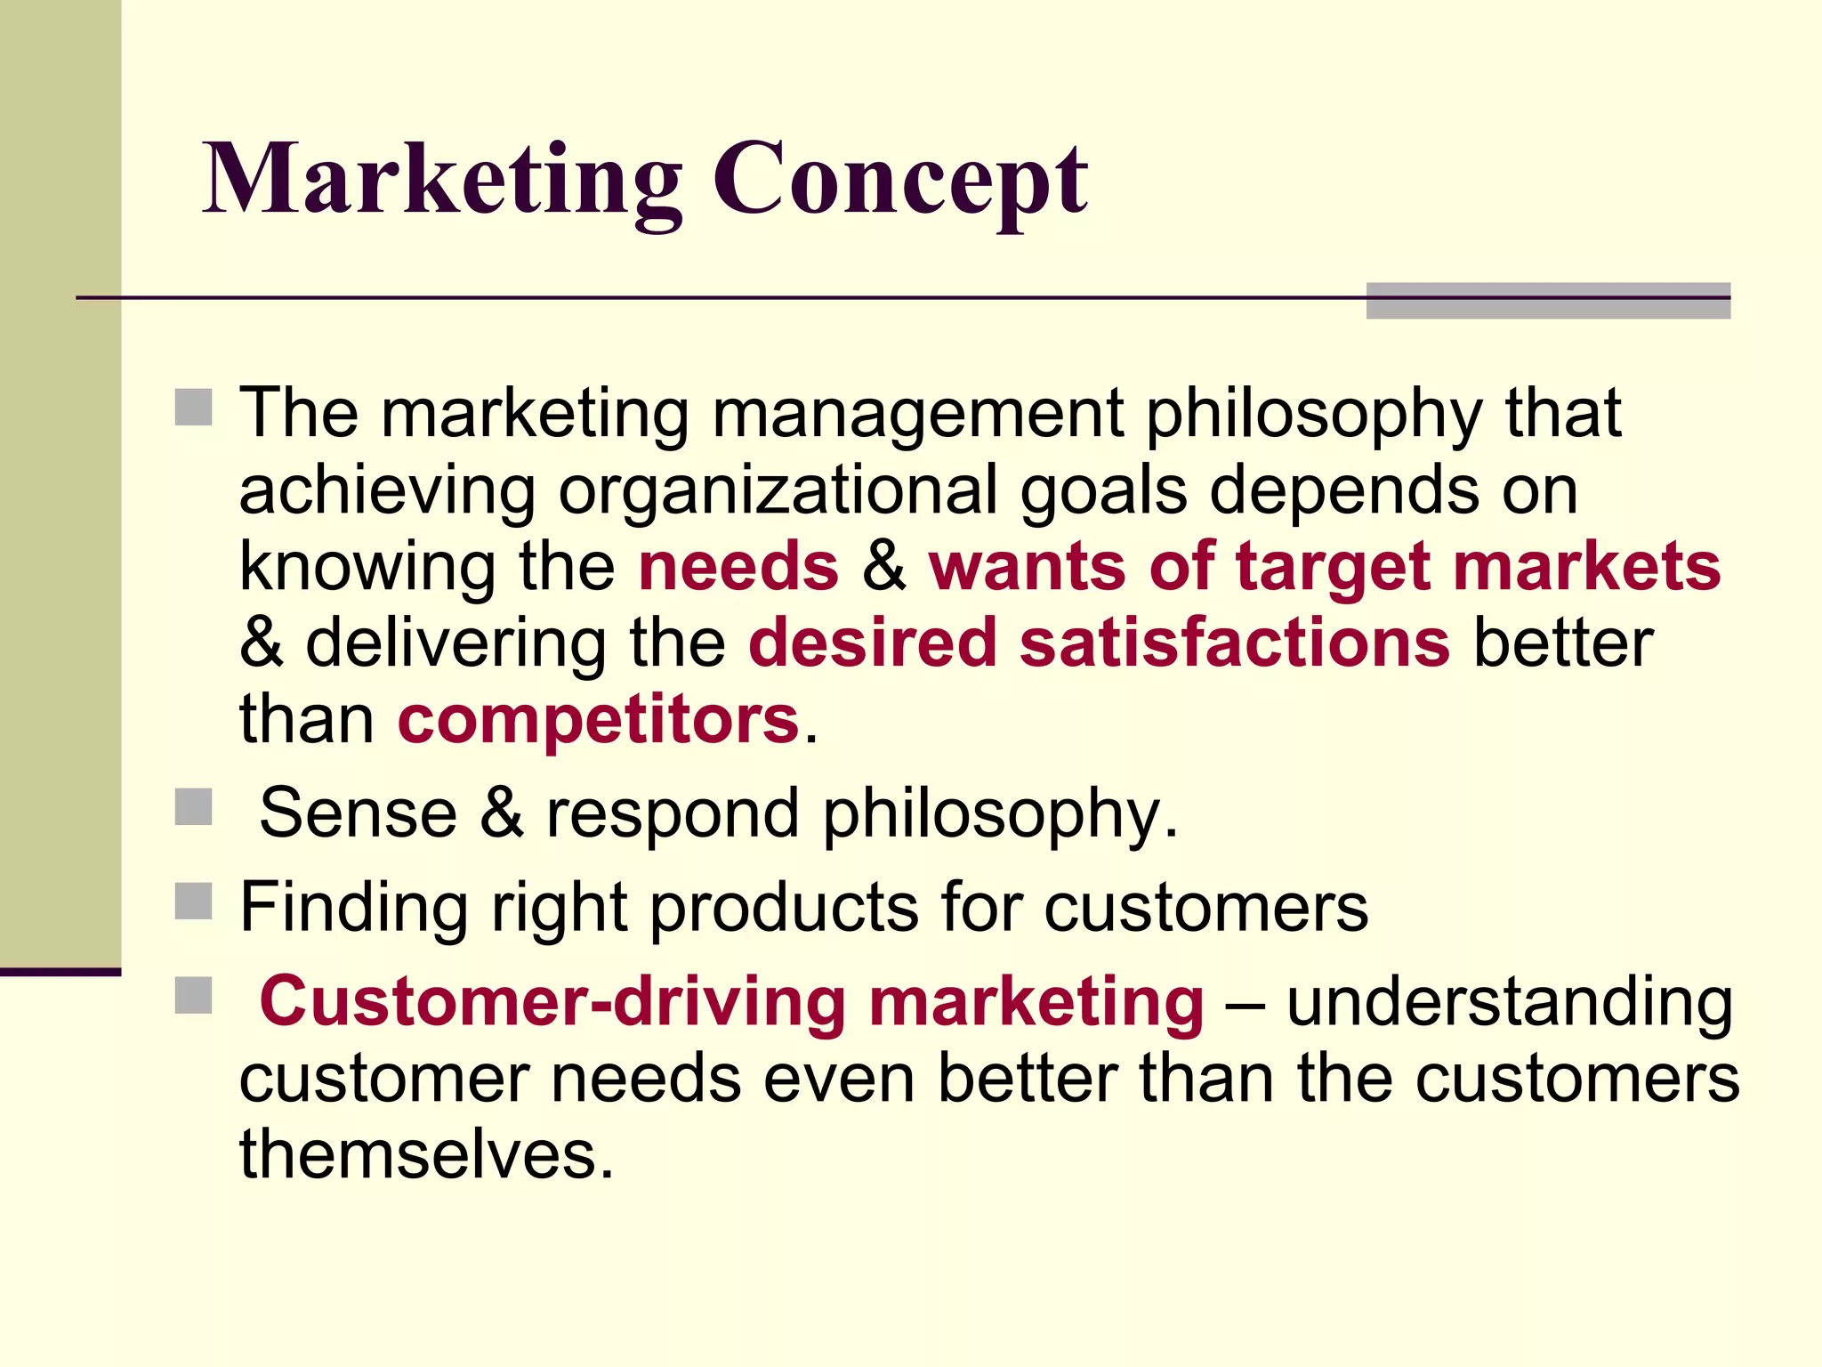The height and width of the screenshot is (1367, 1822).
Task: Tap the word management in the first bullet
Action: click(x=917, y=413)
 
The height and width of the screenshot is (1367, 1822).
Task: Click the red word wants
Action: click(x=1028, y=567)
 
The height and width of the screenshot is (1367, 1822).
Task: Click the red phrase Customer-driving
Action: click(x=552, y=1001)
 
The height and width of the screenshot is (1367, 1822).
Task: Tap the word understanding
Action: click(x=1509, y=1001)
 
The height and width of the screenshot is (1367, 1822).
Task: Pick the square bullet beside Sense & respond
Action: click(x=193, y=807)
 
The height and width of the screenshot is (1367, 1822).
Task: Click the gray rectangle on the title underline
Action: click(x=1548, y=301)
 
